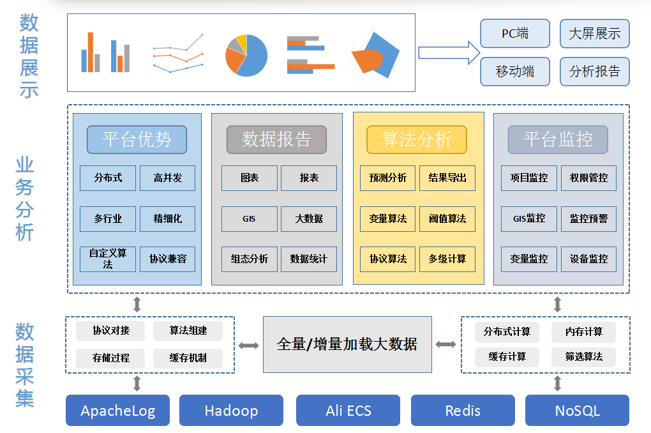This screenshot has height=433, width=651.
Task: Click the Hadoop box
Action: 231,410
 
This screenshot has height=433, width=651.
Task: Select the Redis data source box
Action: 463,410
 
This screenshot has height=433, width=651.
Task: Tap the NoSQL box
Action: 577,410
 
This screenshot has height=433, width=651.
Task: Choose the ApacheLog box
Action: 118,410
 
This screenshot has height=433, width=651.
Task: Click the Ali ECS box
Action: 348,410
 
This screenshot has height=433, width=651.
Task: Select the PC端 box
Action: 515,34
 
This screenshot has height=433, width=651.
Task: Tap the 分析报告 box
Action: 594,72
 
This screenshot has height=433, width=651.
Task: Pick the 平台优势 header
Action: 137,139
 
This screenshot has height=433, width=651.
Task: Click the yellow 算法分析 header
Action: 416,139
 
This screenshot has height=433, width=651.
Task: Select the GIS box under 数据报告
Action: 250,218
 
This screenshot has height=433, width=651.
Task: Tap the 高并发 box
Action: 167,178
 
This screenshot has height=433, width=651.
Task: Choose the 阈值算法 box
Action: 447,218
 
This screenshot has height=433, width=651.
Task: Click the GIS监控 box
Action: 529,218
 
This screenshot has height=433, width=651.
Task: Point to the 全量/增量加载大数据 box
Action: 347,344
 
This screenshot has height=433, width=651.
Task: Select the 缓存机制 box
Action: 188,358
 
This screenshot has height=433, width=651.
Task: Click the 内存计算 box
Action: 583,332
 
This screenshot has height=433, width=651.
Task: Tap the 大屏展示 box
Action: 594,34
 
